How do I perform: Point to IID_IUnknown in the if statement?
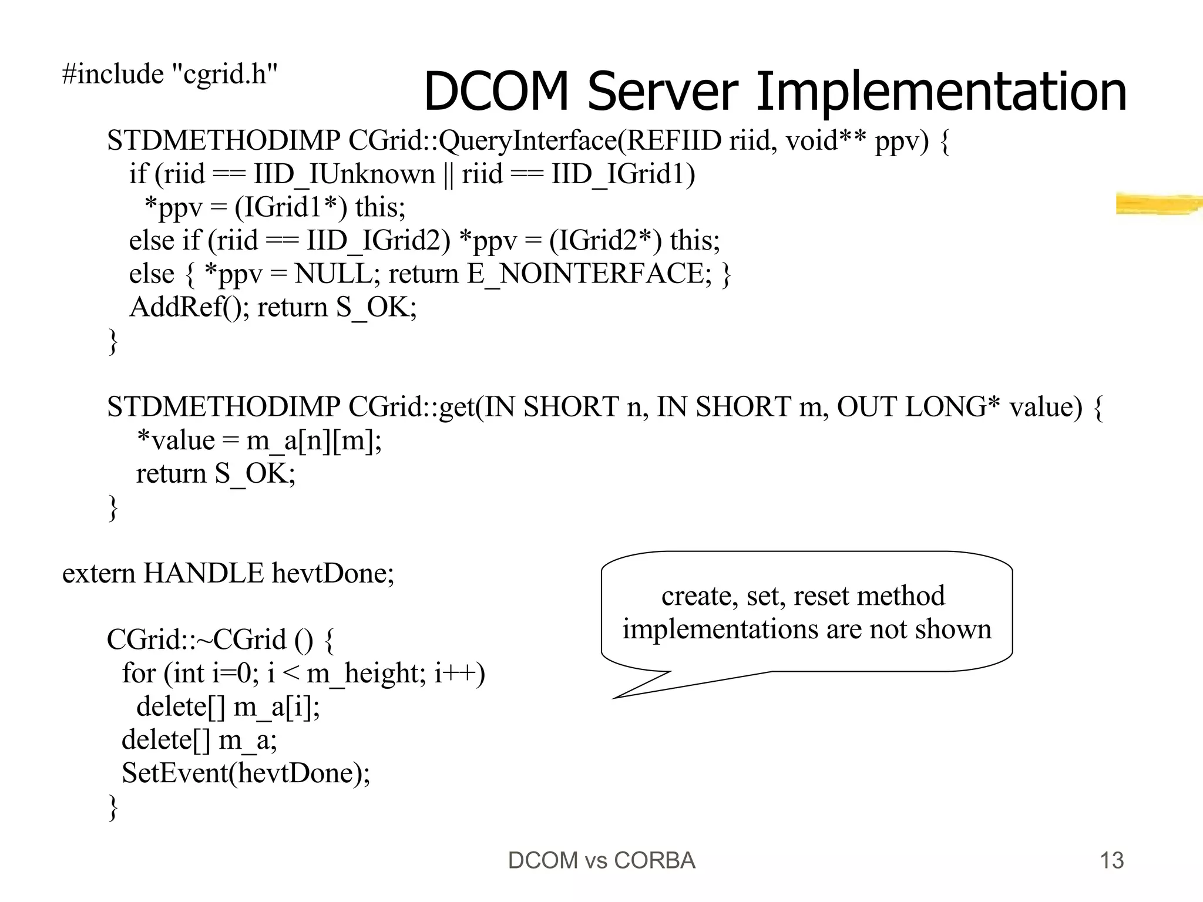(x=344, y=174)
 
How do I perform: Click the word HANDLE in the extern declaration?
(x=203, y=573)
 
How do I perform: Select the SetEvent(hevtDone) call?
(x=246, y=773)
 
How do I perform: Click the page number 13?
(x=1111, y=861)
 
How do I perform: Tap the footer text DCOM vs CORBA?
(x=601, y=861)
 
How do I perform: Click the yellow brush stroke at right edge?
(x=1157, y=204)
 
